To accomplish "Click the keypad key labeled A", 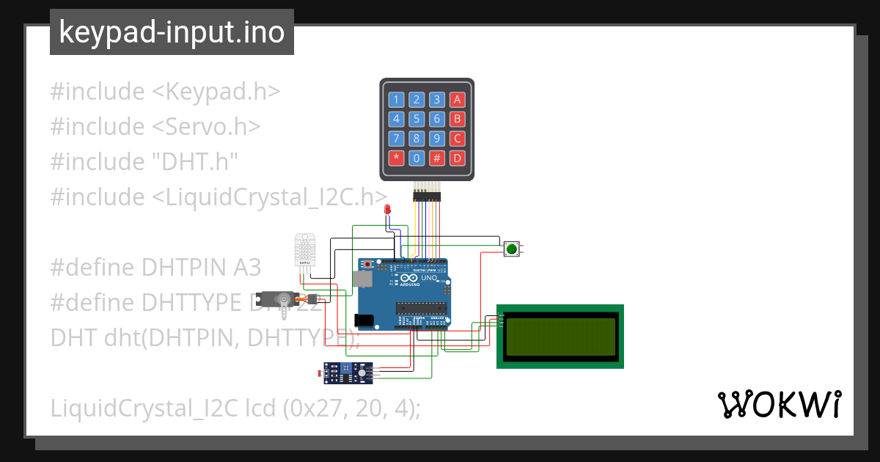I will pos(458,100).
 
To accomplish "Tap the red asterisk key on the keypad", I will pos(396,158).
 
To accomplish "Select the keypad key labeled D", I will pos(458,158).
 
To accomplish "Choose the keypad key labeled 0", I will pos(417,158).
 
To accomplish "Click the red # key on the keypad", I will pos(437,158).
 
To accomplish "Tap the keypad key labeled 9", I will pos(437,139).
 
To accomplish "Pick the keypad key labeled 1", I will pos(396,100).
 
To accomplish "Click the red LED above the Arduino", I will pos(387,211).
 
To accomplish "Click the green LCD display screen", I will pos(560,337).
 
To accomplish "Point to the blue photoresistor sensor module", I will pos(351,373).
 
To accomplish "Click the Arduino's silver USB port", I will pos(362,279).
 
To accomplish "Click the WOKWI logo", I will pos(779,404).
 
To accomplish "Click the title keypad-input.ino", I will pos(172,32).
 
